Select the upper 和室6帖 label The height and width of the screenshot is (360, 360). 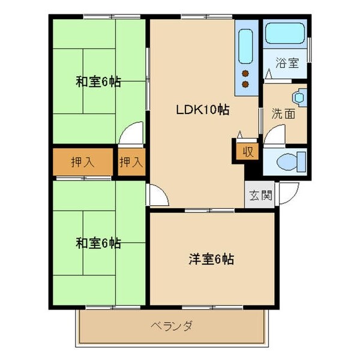[x=98, y=82]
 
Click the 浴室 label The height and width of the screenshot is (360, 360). [x=286, y=63]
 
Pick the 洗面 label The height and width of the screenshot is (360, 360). [x=283, y=113]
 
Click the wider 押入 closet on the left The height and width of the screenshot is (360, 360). [x=82, y=161]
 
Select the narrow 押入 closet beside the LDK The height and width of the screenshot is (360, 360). [x=131, y=161]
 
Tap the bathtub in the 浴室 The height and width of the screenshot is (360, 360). [x=286, y=33]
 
